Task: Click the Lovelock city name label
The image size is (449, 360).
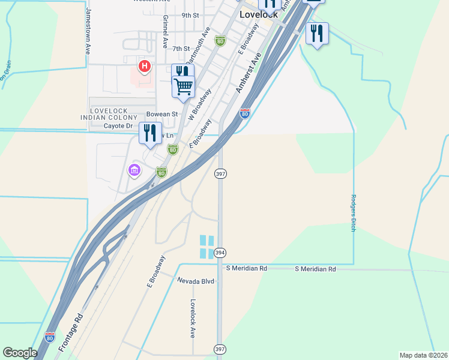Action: pyautogui.click(x=259, y=14)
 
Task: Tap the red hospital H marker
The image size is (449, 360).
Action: pyautogui.click(x=144, y=66)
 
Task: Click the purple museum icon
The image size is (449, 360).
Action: pyautogui.click(x=134, y=170)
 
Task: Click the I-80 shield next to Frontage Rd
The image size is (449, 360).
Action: pyautogui.click(x=50, y=338)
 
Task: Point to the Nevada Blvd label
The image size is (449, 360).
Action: pyautogui.click(x=195, y=281)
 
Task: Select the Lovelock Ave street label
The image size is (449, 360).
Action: pyautogui.click(x=193, y=319)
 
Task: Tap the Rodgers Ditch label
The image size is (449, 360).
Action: pyautogui.click(x=353, y=212)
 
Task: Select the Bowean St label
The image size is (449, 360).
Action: pyautogui.click(x=162, y=113)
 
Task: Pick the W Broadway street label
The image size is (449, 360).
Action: pyautogui.click(x=200, y=105)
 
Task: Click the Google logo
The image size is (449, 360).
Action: pyautogui.click(x=20, y=353)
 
